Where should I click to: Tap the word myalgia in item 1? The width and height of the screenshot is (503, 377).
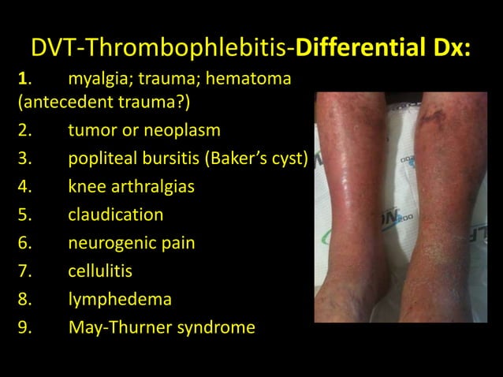[x=99, y=80]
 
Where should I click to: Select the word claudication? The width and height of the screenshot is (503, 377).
[x=116, y=215]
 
